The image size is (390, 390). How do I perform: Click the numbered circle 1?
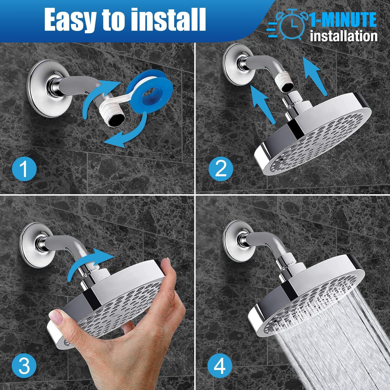point(24,168)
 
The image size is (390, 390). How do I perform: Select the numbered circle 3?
point(24,366)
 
